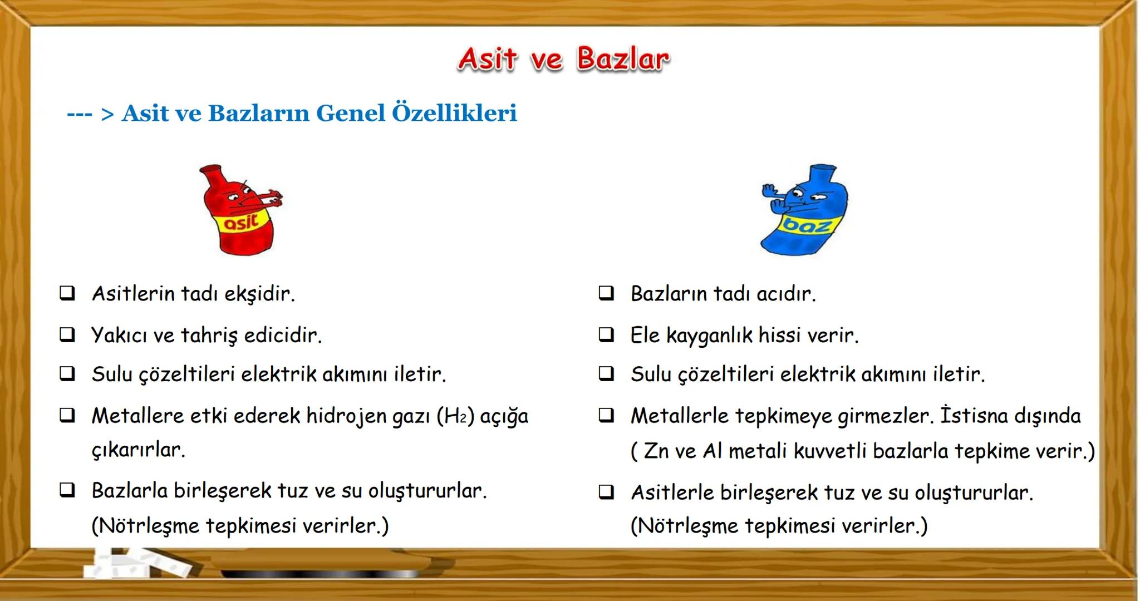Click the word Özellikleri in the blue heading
click(x=454, y=113)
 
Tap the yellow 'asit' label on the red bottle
click(x=240, y=222)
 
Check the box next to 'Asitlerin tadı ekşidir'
click(x=67, y=293)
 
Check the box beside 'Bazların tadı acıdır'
click(x=606, y=293)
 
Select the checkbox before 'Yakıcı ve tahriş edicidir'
click(x=67, y=334)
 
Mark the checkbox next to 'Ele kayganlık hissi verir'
click(x=606, y=334)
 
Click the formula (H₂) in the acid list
click(x=455, y=416)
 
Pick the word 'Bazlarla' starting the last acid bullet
click(x=130, y=491)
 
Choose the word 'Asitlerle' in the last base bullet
click(x=672, y=492)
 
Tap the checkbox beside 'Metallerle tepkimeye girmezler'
click(x=606, y=415)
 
